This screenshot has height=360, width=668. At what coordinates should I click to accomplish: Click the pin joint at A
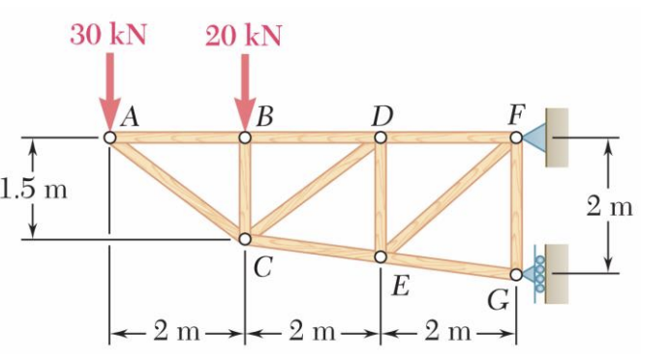pos(109,138)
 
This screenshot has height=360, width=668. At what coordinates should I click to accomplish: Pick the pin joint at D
pos(380,138)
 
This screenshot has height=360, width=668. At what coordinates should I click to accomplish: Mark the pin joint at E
pos(380,256)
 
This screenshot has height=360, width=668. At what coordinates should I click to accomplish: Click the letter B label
pos(261,118)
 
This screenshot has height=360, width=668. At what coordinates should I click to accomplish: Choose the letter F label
pos(516,117)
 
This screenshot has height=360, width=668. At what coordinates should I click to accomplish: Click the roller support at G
pos(535,274)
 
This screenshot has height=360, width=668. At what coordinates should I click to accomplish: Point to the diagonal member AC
pos(177,188)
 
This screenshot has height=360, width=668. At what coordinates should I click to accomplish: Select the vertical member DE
pos(380,197)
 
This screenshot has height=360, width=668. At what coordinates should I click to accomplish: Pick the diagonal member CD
pos(313,188)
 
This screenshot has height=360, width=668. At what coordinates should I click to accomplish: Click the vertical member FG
pos(516,205)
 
